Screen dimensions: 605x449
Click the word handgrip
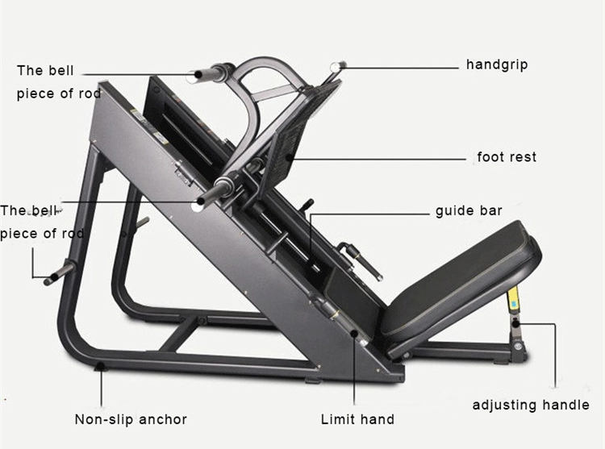[497, 64]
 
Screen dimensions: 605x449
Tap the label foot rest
[507, 156]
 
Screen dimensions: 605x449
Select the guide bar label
[469, 211]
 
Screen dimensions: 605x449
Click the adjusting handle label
[531, 405]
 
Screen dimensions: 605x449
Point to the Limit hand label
[357, 419]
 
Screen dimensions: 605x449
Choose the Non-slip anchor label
[131, 419]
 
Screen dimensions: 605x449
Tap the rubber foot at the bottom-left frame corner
[99, 368]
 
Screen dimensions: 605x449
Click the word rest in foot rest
[522, 156]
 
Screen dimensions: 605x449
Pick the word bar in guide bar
[490, 211]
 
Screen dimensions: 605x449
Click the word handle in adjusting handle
[566, 405]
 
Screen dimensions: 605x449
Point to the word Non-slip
[102, 419]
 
